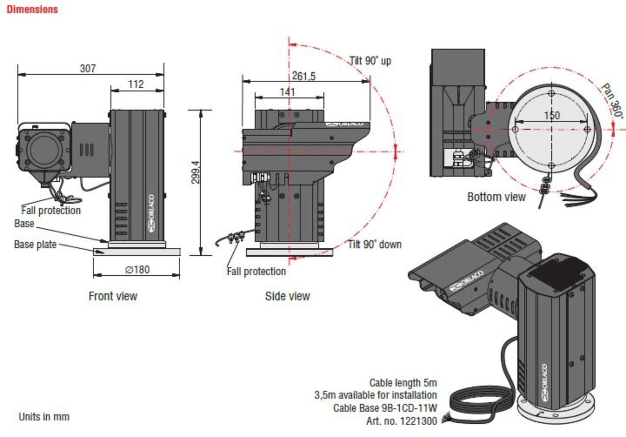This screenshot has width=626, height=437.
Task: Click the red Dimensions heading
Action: pyautogui.click(x=32, y=9)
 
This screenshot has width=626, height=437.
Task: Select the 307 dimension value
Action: pyautogui.click(x=88, y=68)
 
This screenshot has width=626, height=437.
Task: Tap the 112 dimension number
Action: pyautogui.click(x=136, y=84)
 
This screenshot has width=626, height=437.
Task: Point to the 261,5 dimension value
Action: pyautogui.click(x=303, y=76)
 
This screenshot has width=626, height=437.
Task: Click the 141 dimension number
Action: pyautogui.click(x=287, y=91)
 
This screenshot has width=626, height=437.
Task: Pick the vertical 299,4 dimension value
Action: pyautogui.click(x=195, y=172)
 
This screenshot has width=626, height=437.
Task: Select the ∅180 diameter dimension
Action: pyautogui.click(x=137, y=269)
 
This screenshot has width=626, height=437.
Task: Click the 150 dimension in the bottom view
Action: pyautogui.click(x=552, y=115)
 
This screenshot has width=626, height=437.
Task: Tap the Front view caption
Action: pyautogui.click(x=113, y=296)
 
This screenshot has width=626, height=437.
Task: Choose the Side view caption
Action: pyautogui.click(x=287, y=296)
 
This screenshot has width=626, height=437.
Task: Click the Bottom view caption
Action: pyautogui.click(x=496, y=197)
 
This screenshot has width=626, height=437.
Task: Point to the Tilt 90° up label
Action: pyautogui.click(x=370, y=61)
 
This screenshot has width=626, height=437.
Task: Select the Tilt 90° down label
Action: pyautogui.click(x=375, y=244)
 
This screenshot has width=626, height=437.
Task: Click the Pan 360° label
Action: pyautogui.click(x=613, y=101)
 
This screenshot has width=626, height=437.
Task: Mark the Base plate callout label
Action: pyautogui.click(x=35, y=244)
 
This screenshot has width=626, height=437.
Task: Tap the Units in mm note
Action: pyautogui.click(x=44, y=417)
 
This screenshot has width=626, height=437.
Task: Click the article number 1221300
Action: pyautogui.click(x=418, y=421)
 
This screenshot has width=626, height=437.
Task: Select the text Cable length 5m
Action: pyautogui.click(x=403, y=383)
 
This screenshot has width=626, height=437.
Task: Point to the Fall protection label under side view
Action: pyautogui.click(x=256, y=272)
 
